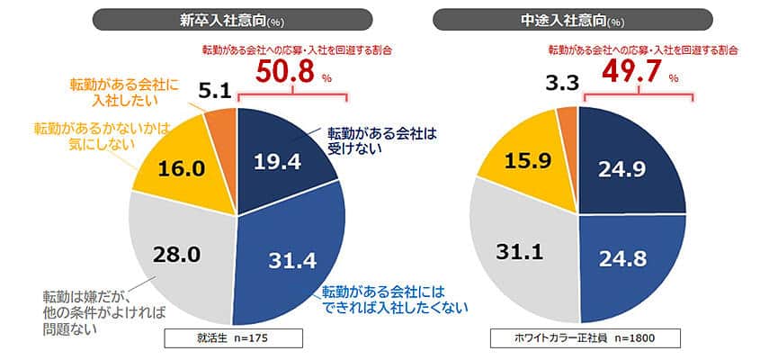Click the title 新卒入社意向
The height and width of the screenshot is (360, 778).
[x=232, y=19]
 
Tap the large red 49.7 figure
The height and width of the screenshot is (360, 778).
[x=620, y=72]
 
